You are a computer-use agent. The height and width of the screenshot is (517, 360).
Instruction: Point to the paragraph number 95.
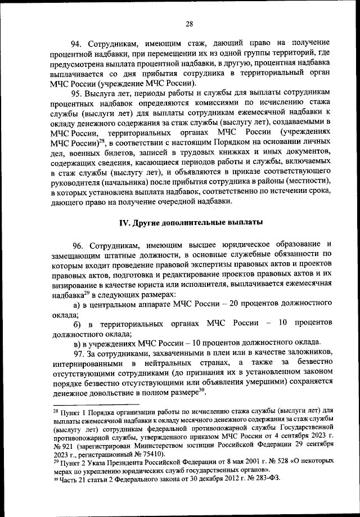(76, 93)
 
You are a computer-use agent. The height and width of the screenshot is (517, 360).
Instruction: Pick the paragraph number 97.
(76, 353)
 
